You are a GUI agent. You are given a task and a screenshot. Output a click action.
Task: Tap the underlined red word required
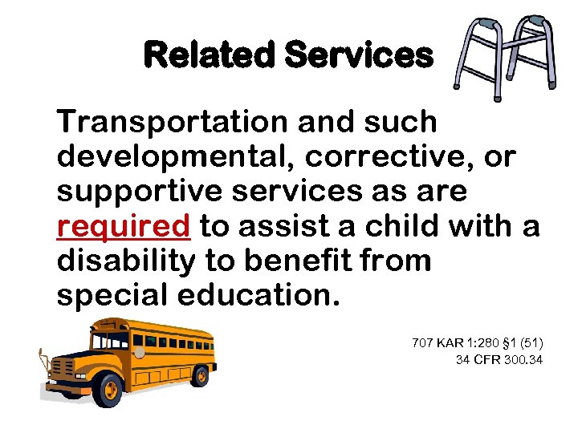[x=124, y=228]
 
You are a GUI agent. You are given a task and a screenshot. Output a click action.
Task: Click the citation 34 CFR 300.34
[x=499, y=360]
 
